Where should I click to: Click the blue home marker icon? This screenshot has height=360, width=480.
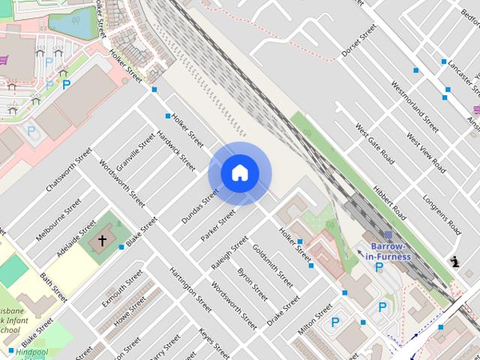[x=239, y=173]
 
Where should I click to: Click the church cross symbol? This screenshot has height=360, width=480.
[x=103, y=241]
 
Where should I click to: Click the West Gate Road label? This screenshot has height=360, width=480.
[x=374, y=146]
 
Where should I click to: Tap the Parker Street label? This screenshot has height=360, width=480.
[x=217, y=225]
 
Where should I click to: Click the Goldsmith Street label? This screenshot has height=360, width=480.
[x=272, y=265]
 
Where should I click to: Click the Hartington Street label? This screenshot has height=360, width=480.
[x=190, y=289]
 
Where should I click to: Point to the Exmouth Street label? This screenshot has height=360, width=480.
[x=121, y=288]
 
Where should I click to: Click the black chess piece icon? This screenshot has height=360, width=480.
[x=454, y=262]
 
